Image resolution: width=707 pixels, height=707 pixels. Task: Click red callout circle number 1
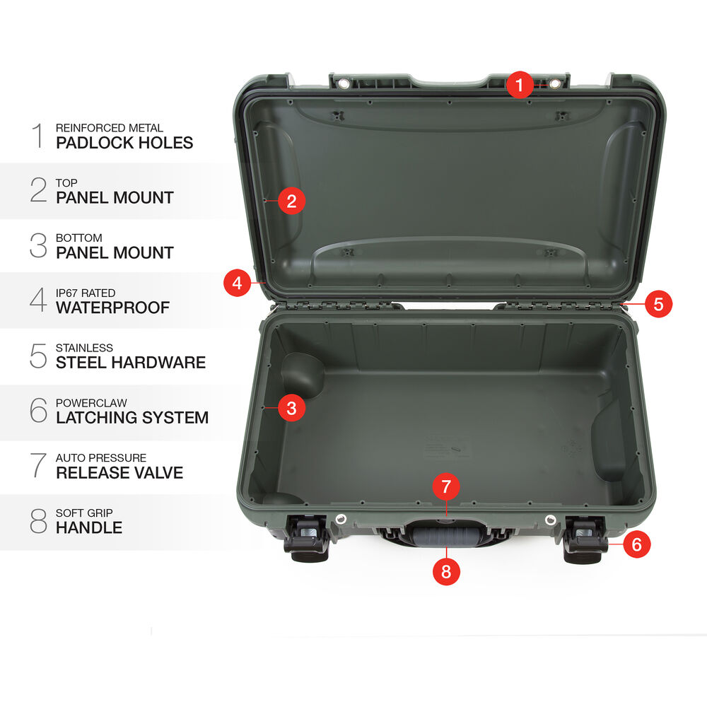520,84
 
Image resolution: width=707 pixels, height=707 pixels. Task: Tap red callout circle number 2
291,201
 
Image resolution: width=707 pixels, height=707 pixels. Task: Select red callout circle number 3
291,408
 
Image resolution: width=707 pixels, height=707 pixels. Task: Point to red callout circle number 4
237,283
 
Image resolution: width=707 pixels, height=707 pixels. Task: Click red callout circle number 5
658,303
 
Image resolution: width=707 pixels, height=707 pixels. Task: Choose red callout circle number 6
637,544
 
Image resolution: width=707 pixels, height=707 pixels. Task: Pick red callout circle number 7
446,486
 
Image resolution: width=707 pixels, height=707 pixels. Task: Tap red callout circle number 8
446,571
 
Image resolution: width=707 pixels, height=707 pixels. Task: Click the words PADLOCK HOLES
124,143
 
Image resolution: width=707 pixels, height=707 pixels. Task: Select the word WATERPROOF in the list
112,308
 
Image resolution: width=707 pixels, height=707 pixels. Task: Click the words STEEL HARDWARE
131,363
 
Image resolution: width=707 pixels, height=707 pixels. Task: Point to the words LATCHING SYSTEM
132,418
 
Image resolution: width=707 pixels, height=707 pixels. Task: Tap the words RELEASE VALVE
119,472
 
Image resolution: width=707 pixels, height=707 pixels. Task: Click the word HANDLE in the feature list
89,527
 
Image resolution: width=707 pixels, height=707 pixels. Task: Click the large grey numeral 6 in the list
38,410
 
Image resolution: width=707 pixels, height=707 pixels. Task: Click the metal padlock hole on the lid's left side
343,84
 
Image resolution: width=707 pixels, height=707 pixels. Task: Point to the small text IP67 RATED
86,293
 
